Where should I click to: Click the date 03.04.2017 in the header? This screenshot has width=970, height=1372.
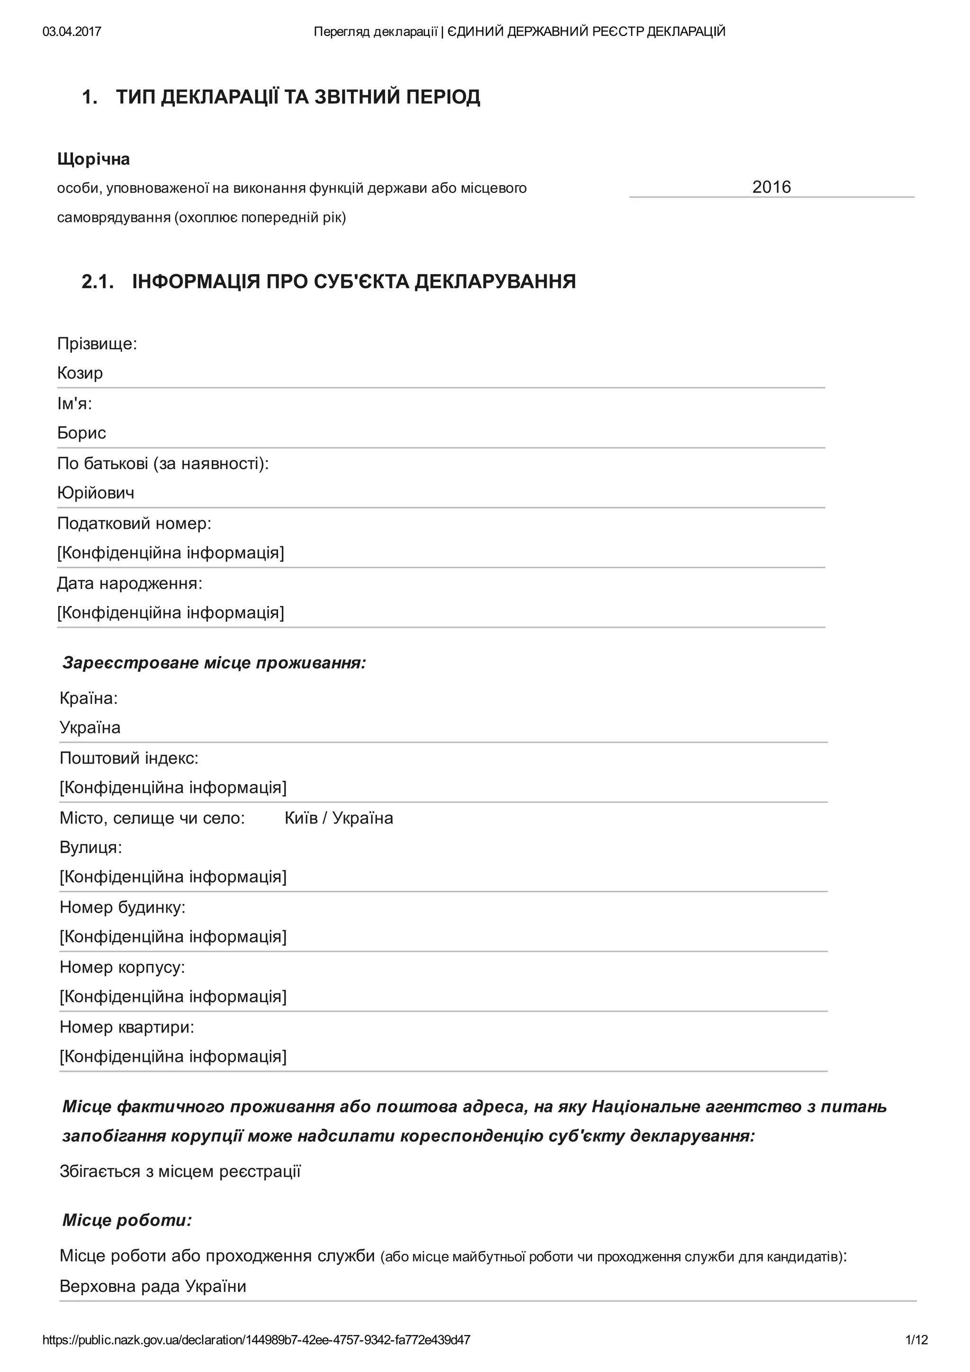[72, 32]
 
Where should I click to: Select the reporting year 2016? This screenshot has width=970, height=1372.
[771, 187]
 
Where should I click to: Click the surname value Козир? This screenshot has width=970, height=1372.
[80, 374]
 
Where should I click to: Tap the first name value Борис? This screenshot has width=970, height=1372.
[82, 433]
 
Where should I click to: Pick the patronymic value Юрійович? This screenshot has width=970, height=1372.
[96, 493]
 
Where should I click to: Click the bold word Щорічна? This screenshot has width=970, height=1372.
[93, 160]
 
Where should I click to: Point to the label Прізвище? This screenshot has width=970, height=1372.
[97, 344]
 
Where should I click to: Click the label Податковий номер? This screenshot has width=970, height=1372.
[135, 524]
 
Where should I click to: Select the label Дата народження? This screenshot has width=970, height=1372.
[130, 584]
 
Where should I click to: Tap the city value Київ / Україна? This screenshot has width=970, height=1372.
[339, 818]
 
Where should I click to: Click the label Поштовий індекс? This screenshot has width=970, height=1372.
[129, 758]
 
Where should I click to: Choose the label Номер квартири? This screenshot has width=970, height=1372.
[127, 1027]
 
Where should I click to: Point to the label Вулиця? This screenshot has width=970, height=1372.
[91, 847]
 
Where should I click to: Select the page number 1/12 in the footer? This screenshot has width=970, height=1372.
[916, 1340]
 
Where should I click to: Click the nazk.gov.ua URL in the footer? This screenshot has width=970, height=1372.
[256, 1340]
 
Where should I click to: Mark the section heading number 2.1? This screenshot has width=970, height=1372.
[98, 281]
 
